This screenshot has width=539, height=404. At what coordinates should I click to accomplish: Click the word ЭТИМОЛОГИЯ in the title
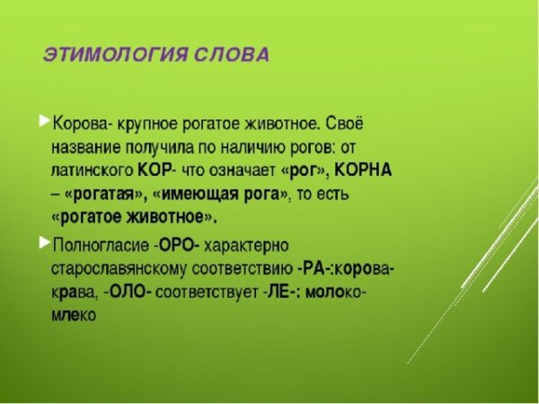116,55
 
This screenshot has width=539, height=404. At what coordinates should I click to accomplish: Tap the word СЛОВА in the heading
231,55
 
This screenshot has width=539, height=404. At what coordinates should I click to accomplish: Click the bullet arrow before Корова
44,120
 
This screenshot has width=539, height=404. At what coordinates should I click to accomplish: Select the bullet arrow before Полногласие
44,242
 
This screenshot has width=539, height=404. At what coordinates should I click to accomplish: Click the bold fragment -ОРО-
177,244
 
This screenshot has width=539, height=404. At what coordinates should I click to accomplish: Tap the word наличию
271,145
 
